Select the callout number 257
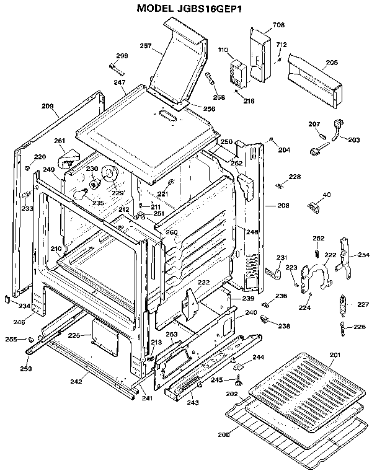tap(146, 46)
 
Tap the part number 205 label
tap(332, 63)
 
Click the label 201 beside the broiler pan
tap(335, 354)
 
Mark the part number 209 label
tap(48, 107)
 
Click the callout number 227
tap(363, 304)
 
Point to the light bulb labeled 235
tap(79, 194)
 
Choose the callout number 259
tap(25, 369)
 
